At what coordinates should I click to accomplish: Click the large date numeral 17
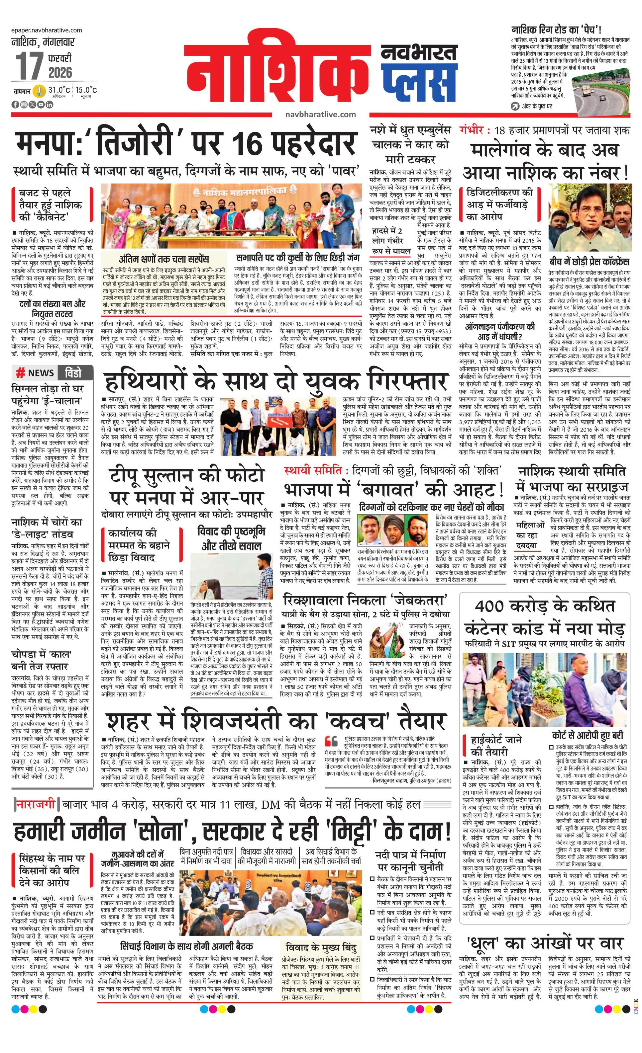(29, 66)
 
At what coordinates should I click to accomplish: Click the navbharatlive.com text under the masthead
(320, 115)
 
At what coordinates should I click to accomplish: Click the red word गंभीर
(472, 129)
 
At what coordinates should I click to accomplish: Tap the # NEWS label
(36, 373)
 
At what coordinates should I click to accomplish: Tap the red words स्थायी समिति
(313, 470)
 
